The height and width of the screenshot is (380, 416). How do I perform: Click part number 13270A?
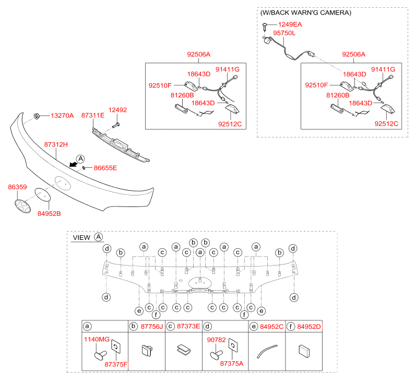pos(62,115)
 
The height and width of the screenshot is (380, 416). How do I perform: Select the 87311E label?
pos(92,115)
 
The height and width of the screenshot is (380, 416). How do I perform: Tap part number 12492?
pos(117,110)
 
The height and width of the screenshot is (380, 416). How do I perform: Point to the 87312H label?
pos(56,144)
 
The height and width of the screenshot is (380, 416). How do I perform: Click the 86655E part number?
pos(105,168)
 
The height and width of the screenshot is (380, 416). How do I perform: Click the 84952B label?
pos(49,213)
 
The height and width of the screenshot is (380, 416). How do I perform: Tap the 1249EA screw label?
pos(290,25)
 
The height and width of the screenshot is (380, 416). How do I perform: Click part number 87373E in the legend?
pos(188,327)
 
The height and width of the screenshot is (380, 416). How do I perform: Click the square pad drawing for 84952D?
pos(304,350)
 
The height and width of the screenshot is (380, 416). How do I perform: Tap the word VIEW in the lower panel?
pos(81,237)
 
